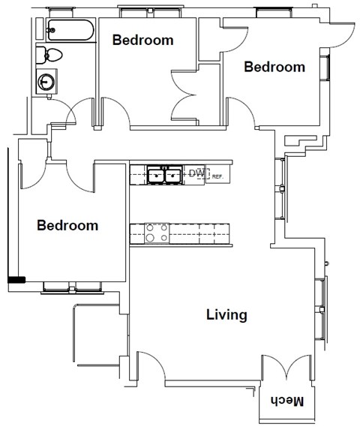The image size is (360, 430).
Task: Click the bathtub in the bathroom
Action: coord(70,32)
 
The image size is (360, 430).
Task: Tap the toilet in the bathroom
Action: coord(52,54)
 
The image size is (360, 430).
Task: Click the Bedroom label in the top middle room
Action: coord(142,40)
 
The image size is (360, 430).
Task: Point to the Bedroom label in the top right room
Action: coord(274,67)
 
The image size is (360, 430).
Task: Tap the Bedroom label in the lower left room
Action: coord(67,225)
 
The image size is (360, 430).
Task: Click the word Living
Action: coord(226,314)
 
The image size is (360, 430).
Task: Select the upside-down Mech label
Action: coord(287,401)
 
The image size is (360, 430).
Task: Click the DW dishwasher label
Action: coord(196,174)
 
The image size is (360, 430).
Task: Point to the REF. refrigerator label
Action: coord(217,176)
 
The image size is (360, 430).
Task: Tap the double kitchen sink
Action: coord(164,175)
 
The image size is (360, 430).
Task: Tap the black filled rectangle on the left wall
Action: coord(16,280)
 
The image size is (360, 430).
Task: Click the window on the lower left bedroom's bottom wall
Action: coord(72,286)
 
